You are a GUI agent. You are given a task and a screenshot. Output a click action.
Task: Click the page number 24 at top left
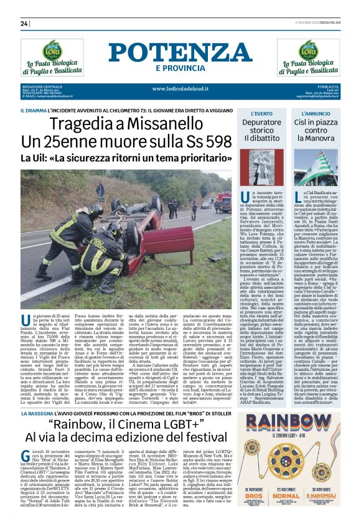(25, 24)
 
